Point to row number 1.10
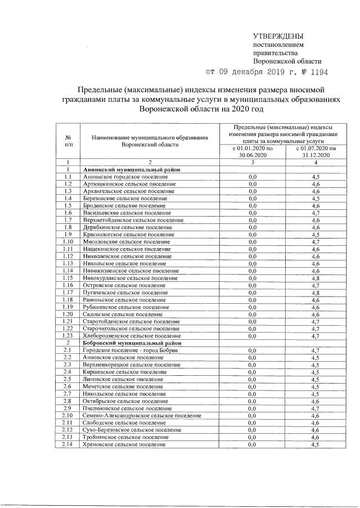tap(67, 241)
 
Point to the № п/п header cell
tap(67, 141)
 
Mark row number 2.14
tap(67, 444)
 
